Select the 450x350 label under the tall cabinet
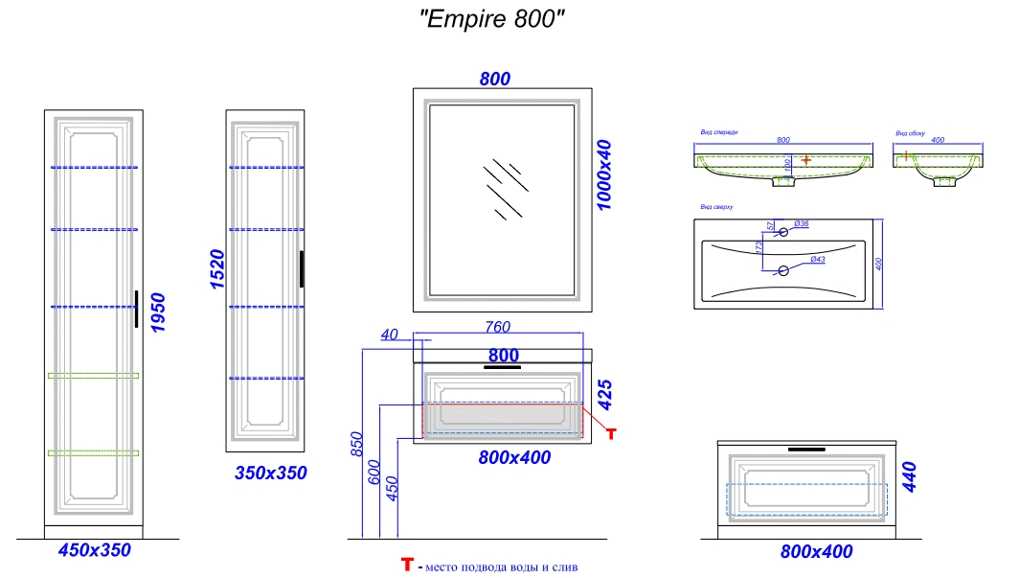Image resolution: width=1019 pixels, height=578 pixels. coord(94,551)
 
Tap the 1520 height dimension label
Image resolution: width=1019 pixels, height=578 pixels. coord(216,268)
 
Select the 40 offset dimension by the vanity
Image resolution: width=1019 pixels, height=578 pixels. coord(389,335)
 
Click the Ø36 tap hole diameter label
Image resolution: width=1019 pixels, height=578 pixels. coord(803,224)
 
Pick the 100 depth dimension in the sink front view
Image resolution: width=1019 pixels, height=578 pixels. coord(787,165)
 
